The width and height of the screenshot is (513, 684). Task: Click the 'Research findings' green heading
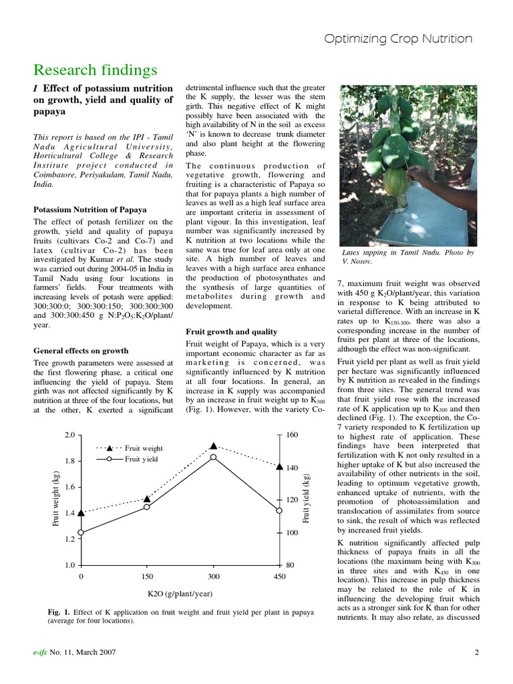pos(96,70)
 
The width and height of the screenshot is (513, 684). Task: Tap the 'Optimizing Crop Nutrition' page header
pos(398,39)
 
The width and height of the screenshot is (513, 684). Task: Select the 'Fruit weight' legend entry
pos(144,448)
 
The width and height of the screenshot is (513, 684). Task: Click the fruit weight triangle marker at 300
pos(214,446)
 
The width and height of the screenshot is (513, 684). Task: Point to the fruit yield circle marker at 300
pos(214,457)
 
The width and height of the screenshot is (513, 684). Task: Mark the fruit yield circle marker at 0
pos(81,532)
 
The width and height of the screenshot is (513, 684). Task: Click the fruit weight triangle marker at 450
pos(279,467)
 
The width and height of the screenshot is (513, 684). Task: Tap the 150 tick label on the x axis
pos(147,576)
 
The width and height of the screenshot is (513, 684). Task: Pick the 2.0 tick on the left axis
pos(69,435)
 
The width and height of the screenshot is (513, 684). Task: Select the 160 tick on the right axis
pos(292,435)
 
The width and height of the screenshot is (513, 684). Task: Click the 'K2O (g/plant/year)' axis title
pos(180,593)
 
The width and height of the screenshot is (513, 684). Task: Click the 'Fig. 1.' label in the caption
pos(60,613)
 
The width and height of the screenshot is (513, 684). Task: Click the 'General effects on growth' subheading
pos(81,350)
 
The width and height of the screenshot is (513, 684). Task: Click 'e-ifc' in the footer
pos(43,653)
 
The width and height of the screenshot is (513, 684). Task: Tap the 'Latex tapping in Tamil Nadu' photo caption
pos(407,257)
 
